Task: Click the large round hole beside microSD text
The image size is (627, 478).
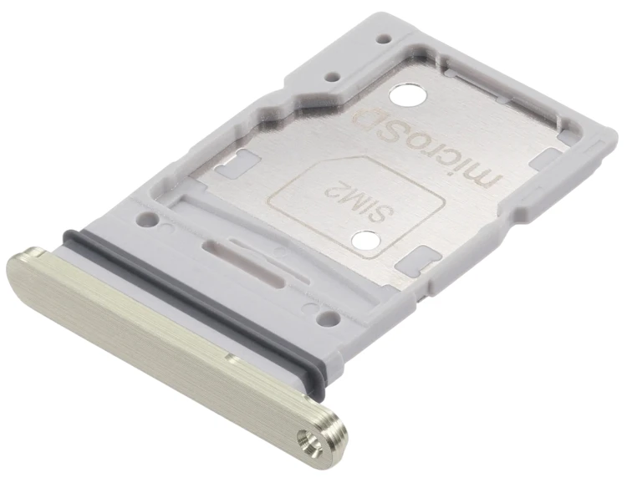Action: (407, 98)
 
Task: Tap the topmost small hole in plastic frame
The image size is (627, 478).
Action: (384, 39)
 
